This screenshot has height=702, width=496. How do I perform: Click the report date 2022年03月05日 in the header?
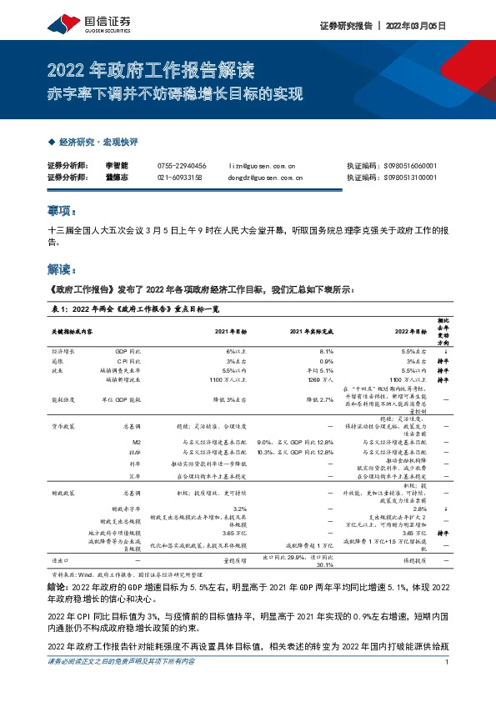click(417, 26)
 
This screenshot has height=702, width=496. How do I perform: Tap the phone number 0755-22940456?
click(182, 166)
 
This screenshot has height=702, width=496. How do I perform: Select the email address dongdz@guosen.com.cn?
click(265, 178)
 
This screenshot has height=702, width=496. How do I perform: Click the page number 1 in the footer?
click(448, 685)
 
